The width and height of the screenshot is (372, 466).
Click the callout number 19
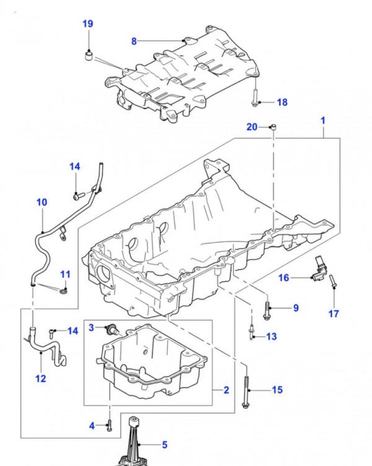coord(88,24)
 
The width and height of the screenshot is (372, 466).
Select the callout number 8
coord(133,41)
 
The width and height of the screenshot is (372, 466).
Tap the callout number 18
coord(281,102)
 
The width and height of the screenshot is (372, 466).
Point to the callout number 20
coord(251,127)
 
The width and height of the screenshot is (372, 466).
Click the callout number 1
coord(322,119)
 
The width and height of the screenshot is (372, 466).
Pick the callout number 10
coord(42,202)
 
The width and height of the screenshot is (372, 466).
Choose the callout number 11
coord(65,275)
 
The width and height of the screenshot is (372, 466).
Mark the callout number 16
coord(284,278)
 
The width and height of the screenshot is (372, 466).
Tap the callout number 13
coord(271,336)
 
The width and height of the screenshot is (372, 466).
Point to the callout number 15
coord(277,390)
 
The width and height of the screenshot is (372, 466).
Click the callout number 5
coord(165,444)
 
